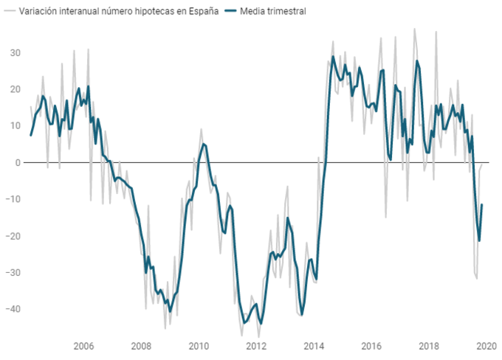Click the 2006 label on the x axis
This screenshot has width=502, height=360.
point(83,347)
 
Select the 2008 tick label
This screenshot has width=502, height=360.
point(141,347)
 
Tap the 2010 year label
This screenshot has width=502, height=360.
point(199,347)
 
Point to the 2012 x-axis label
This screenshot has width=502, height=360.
point(256,347)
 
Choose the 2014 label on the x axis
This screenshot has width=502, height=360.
point(314,347)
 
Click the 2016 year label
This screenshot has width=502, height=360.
point(371,347)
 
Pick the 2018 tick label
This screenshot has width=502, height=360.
point(429,347)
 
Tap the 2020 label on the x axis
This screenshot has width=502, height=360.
point(486,347)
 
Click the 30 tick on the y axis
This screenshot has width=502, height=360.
point(14,52)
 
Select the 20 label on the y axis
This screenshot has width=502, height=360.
point(14,89)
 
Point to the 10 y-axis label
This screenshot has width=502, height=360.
point(14,125)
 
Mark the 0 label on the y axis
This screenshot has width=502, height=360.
point(17,162)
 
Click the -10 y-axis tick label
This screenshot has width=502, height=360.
point(12,199)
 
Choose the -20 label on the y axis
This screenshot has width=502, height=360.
point(12,236)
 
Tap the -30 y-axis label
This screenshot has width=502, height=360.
point(12,272)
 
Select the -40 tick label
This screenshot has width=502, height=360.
point(12,309)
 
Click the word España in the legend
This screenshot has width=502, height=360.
point(202,12)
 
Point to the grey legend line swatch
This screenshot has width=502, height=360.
point(10,12)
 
